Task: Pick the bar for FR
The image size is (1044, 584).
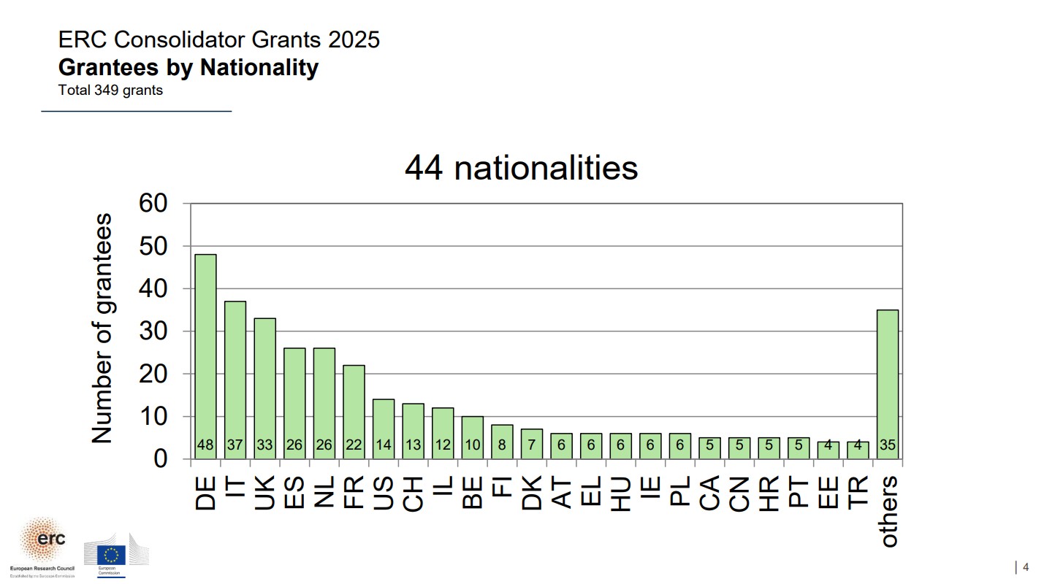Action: pyautogui.click(x=354, y=409)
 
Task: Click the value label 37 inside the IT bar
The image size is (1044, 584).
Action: pyautogui.click(x=235, y=445)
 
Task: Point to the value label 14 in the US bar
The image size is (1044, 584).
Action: pyautogui.click(x=384, y=445)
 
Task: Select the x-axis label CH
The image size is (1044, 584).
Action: pyautogui.click(x=414, y=493)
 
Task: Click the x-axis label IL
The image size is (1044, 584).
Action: pyautogui.click(x=443, y=493)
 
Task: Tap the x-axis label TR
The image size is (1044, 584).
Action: pyautogui.click(x=858, y=493)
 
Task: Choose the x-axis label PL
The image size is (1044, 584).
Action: pyautogui.click(x=680, y=493)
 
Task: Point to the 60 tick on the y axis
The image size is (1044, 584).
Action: pyautogui.click(x=154, y=204)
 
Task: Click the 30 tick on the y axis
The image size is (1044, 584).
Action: pyautogui.click(x=154, y=331)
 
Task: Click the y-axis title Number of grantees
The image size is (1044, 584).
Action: pyautogui.click(x=102, y=328)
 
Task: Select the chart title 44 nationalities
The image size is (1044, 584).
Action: pyautogui.click(x=521, y=168)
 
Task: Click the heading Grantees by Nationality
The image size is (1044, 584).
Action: pyautogui.click(x=188, y=67)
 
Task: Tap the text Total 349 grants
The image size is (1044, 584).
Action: pyautogui.click(x=110, y=91)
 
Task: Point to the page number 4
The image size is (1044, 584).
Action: pyautogui.click(x=1026, y=567)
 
